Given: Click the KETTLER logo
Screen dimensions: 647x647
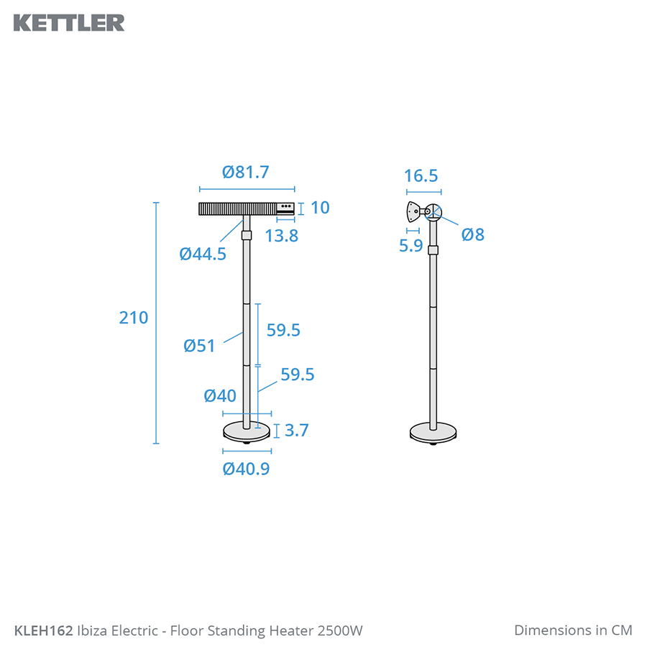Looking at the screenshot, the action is [69, 23].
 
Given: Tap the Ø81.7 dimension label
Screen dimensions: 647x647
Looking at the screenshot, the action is [246, 172].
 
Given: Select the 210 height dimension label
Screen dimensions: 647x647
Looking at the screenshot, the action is [133, 318].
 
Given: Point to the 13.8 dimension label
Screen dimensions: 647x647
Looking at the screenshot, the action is [281, 236].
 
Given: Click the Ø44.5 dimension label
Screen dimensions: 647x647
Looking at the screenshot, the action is [203, 254].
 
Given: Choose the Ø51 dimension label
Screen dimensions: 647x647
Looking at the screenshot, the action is [199, 346].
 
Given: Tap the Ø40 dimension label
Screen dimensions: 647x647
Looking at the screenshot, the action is [220, 395].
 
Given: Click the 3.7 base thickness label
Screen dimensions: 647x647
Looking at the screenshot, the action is [297, 431].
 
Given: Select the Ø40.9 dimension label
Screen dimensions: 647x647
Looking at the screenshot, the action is [246, 469].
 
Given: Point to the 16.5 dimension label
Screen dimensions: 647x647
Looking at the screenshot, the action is [421, 176].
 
